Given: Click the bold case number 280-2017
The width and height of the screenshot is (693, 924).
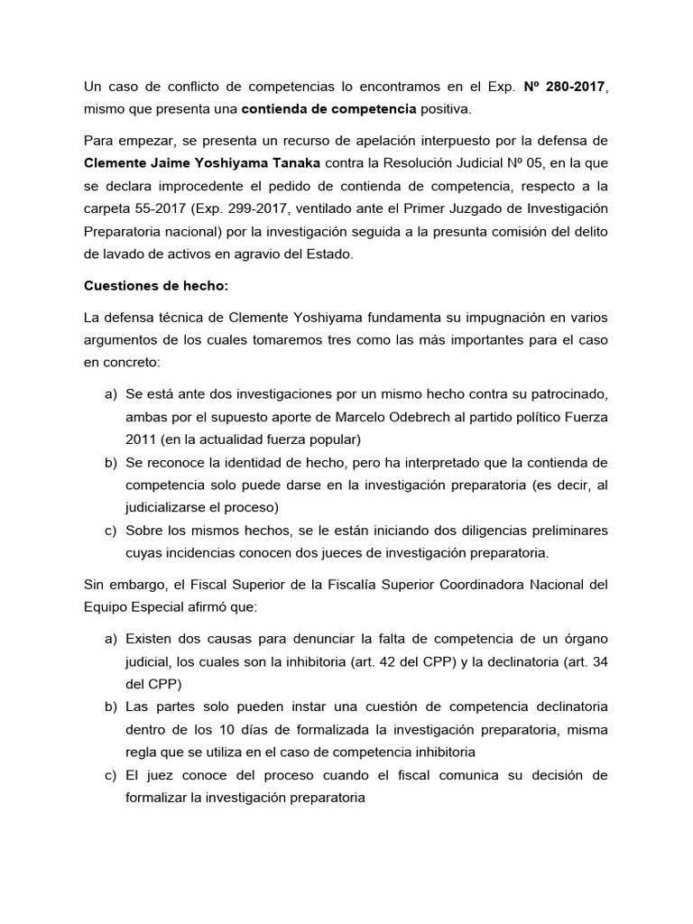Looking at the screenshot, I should pyautogui.click(x=568, y=87).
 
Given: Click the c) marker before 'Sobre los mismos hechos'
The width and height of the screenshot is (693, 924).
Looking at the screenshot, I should pyautogui.click(x=111, y=529).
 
